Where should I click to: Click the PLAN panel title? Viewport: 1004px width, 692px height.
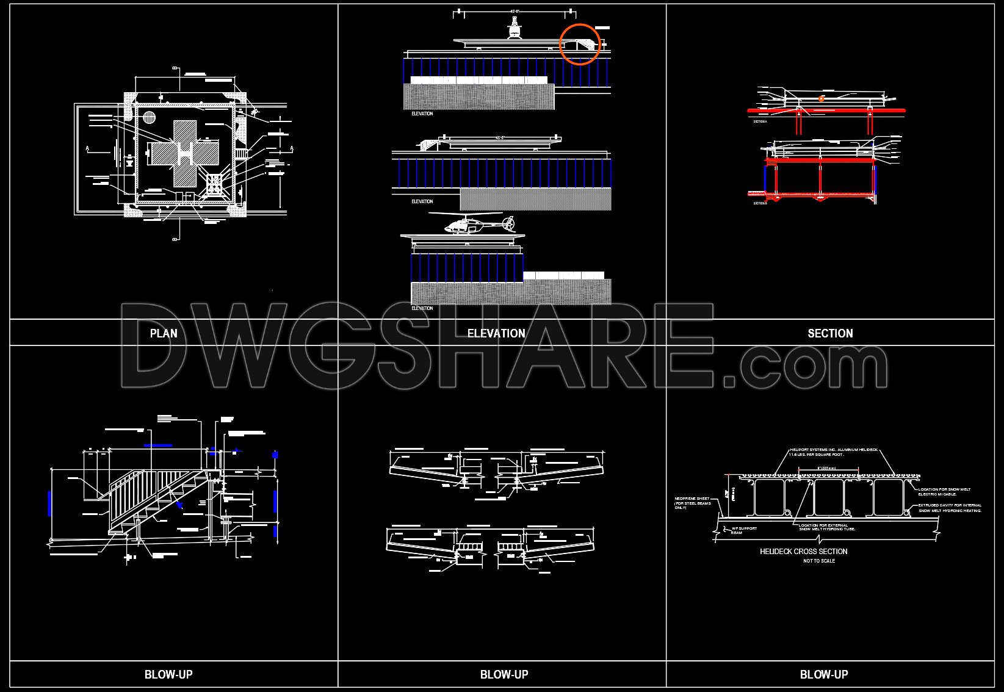pos(164,333)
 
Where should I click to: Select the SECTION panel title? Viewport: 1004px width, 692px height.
pos(830,333)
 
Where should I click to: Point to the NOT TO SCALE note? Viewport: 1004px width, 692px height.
pos(819,561)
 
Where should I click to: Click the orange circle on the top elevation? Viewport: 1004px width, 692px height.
pos(580,43)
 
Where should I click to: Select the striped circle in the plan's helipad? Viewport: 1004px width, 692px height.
pos(150,118)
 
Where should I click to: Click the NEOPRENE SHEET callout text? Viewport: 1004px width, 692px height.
pos(692,503)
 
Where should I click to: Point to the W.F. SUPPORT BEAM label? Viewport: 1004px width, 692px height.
pos(744,530)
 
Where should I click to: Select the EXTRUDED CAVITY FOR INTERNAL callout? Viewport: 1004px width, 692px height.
pos(950,508)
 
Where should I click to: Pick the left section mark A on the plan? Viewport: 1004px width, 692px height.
pos(89,148)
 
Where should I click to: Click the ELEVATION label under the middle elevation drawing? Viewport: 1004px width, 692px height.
pos(422,201)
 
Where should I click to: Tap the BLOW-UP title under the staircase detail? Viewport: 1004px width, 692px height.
pos(168,674)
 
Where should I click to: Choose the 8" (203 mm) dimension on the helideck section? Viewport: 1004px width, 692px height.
pos(828,468)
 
